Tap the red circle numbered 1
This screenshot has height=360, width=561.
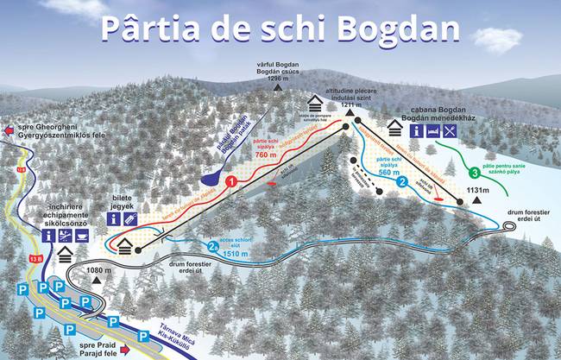pos(231,182)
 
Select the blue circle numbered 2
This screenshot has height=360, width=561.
pos(402,182)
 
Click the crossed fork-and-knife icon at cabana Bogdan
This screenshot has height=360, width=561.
pos(451,131)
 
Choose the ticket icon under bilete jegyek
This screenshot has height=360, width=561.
pos(129,220)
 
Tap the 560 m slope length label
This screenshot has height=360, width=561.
pos(389,172)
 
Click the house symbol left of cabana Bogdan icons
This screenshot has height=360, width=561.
pos(396,129)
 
